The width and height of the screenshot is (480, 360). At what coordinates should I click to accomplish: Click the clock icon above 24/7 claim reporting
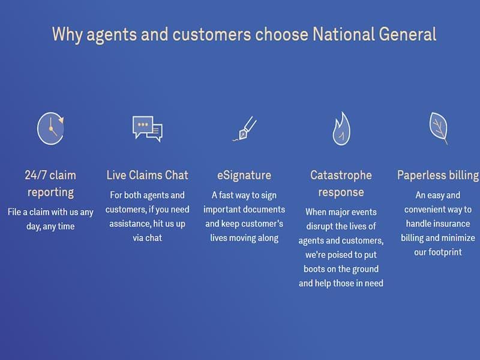50,128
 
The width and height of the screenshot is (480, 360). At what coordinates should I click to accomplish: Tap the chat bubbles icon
147,128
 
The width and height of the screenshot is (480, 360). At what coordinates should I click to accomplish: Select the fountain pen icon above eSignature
245,128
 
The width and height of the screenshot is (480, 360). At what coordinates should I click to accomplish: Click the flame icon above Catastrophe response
341,128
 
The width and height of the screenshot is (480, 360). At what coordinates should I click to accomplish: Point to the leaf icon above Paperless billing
439,128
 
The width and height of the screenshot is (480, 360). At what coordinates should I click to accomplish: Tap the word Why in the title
67,35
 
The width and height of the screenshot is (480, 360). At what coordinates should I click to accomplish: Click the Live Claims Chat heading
147,175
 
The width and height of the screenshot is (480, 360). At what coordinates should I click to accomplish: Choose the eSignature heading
244,175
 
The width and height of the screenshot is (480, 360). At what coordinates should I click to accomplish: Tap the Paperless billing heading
438,175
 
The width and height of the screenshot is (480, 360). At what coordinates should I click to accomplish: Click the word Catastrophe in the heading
341,175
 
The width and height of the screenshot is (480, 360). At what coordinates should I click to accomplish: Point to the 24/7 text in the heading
35,175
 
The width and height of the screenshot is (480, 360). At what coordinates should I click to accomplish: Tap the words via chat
147,238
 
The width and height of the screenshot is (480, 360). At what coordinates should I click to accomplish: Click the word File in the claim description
14,212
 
